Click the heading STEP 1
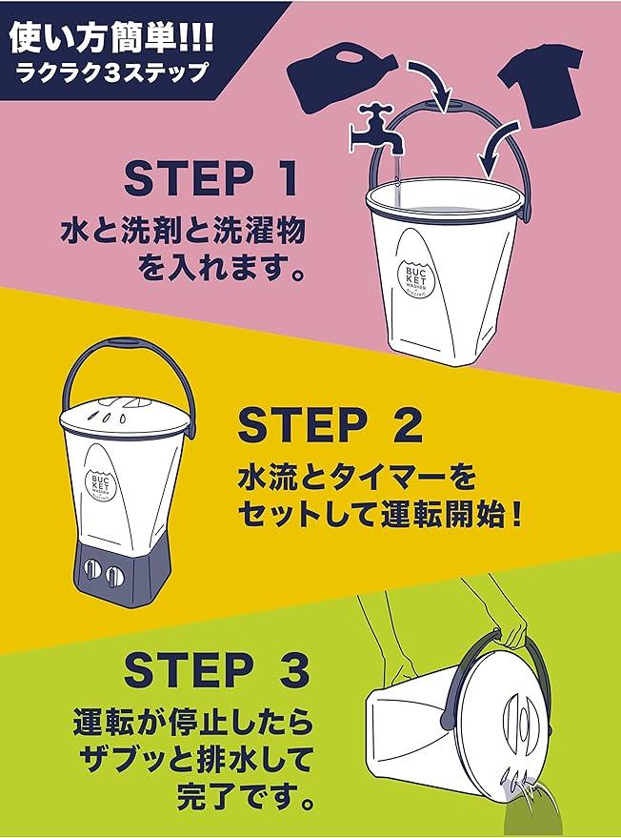[211, 178]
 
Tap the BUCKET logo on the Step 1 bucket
[414, 280]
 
